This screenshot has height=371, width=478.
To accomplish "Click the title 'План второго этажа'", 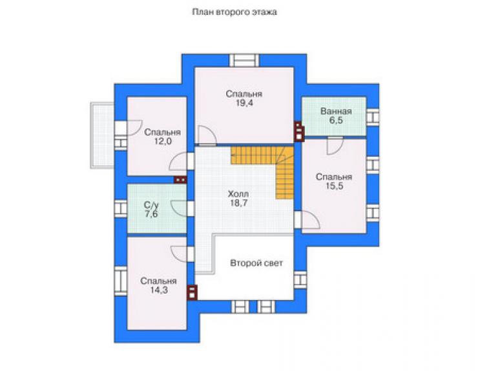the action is (x=234, y=12).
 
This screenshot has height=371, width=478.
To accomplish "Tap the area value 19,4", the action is (x=244, y=103).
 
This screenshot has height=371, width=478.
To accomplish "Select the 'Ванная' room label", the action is (x=336, y=111).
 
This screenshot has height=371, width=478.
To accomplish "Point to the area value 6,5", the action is (x=336, y=120).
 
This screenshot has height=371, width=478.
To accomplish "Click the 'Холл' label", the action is (x=238, y=194).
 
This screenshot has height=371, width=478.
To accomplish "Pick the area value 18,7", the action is (x=238, y=203).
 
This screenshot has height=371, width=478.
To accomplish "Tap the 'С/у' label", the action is (x=151, y=205).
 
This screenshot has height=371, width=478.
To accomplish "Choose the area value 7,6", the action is (x=151, y=214).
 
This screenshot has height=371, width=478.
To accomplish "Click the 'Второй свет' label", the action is (x=256, y=263).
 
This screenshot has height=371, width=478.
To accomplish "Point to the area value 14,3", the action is (x=158, y=290).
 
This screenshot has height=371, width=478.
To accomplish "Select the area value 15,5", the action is (x=334, y=186).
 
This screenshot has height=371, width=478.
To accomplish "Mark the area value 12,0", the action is (x=163, y=141).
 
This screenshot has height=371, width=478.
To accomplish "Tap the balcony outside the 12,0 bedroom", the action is (x=102, y=135).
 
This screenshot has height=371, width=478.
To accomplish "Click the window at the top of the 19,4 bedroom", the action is (x=244, y=60).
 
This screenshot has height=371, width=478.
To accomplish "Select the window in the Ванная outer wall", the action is (x=373, y=117).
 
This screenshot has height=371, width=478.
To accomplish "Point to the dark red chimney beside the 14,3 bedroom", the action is (x=192, y=293).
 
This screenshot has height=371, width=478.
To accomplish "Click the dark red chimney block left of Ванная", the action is (x=299, y=132).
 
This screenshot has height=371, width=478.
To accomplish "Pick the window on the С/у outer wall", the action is (x=121, y=208).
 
